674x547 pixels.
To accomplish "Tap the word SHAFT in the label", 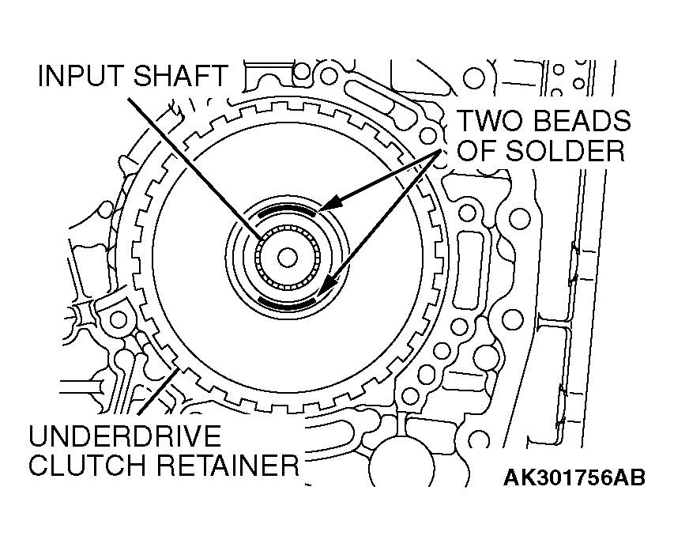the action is click(x=180, y=76).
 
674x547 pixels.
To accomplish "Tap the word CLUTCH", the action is click(x=81, y=465).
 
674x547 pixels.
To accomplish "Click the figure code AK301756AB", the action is click(x=574, y=477).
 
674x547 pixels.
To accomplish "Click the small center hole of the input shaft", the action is click(x=287, y=258).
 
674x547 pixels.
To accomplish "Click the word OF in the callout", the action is click(x=477, y=150).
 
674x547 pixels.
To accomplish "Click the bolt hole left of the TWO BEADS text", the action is click(x=428, y=136).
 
